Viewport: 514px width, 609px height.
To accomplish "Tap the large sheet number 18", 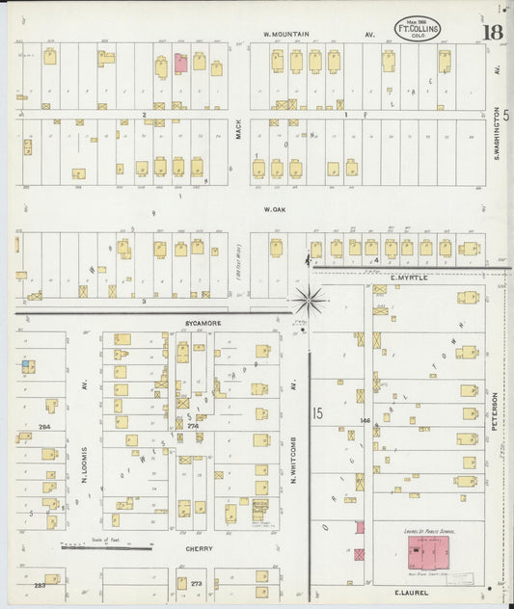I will [x=492, y=33].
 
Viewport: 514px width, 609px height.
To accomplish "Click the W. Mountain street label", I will [x=287, y=35].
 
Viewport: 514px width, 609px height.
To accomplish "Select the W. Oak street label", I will [x=273, y=208].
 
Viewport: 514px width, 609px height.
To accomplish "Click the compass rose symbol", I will [x=309, y=301].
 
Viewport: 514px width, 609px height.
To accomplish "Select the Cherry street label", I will [x=201, y=548].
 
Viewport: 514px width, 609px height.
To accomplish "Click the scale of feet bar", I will [x=106, y=548].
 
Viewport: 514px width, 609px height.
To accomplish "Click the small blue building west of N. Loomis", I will [x=28, y=366].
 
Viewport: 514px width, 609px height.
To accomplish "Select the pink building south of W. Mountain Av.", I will [x=180, y=64].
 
